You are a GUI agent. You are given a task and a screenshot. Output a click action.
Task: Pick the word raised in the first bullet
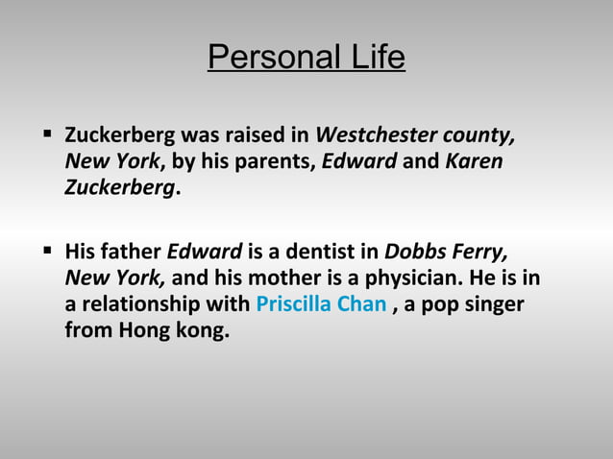246,133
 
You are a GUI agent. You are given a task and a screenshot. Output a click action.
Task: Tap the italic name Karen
474,160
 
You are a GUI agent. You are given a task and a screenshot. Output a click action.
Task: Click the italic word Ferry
480,253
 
